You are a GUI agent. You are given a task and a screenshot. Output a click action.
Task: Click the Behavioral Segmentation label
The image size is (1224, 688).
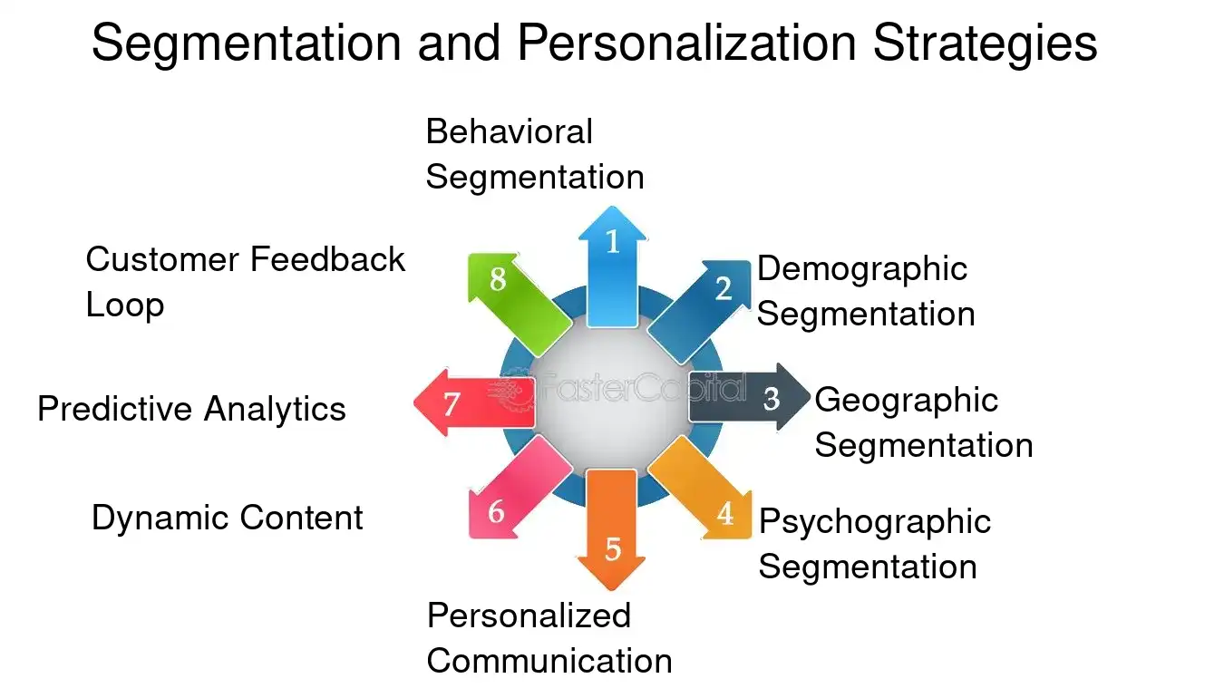tap(535, 154)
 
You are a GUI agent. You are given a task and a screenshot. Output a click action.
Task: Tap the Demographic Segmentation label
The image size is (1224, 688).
tap(866, 291)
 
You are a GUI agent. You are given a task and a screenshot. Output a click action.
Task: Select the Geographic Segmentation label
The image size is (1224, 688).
tap(923, 422)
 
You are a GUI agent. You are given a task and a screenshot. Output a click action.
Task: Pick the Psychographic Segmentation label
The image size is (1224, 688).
tap(875, 544)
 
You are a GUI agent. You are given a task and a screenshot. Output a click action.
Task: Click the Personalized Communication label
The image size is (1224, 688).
tap(549, 638)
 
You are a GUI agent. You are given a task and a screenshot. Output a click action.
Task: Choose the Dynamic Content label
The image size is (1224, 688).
tap(228, 518)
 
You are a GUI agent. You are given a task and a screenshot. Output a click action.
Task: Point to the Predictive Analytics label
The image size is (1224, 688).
tap(191, 409)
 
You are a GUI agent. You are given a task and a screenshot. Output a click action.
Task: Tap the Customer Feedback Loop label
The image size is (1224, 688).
tap(245, 282)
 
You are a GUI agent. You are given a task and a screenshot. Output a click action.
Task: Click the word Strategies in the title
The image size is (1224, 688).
tap(985, 44)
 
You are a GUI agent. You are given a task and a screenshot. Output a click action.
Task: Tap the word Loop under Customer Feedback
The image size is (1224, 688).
tap(125, 305)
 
